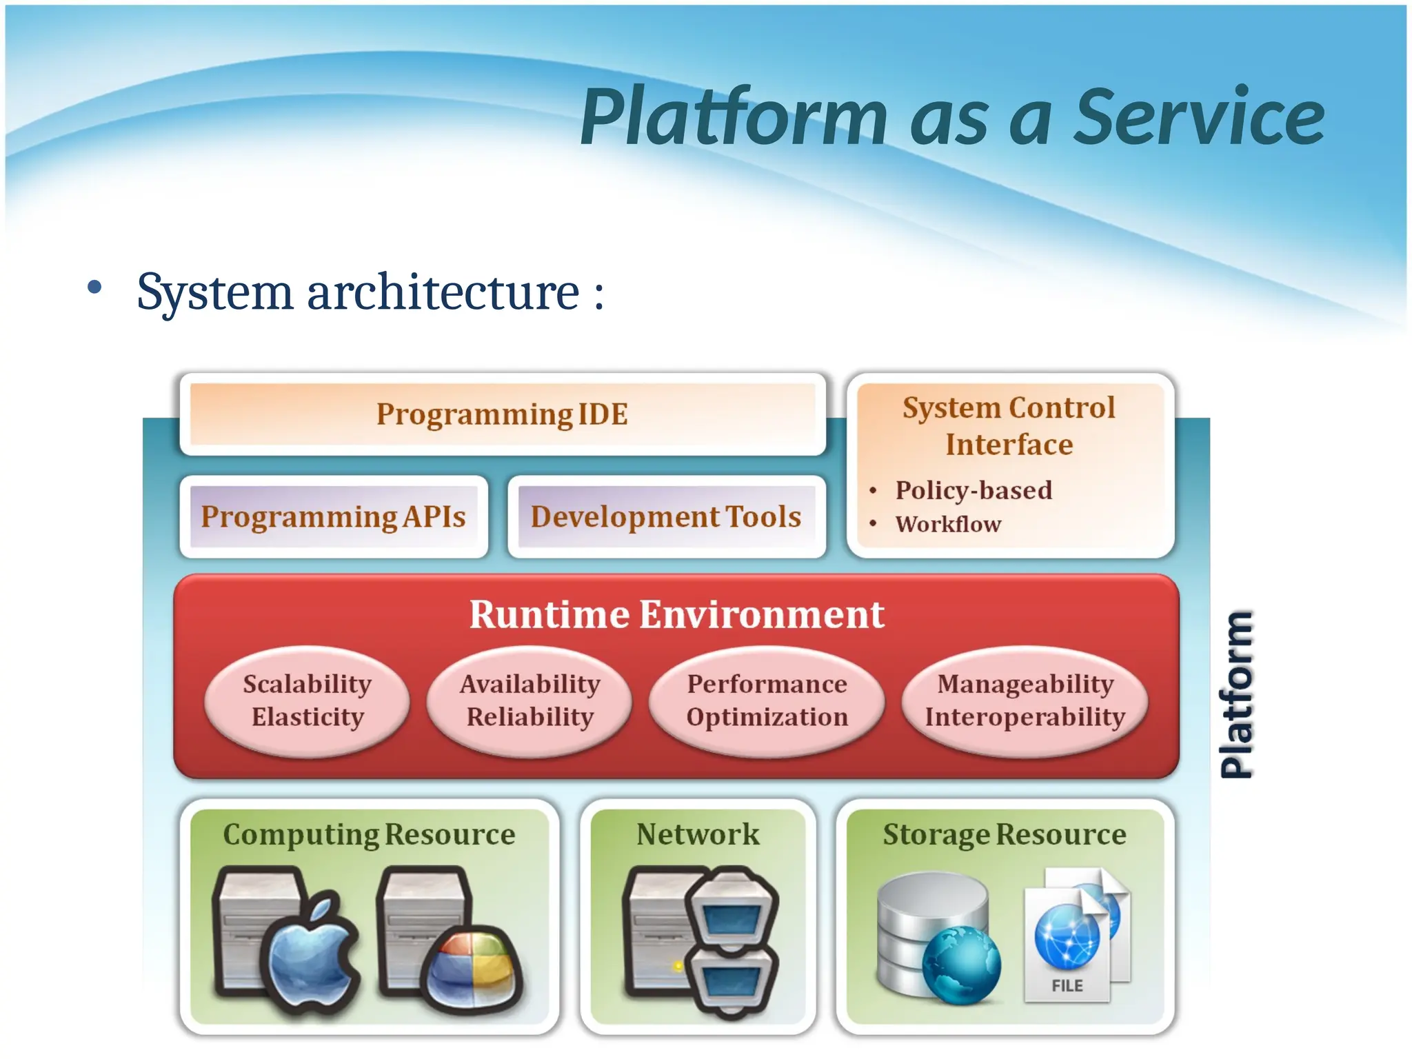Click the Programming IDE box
point(502,414)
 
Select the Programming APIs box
point(334,516)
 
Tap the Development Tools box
point(666,516)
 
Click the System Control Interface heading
point(1009,426)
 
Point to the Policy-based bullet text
point(974,490)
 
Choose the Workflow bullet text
point(948,524)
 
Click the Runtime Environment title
point(676,614)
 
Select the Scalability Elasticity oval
point(307,700)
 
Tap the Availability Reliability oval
point(529,700)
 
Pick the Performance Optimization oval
point(767,700)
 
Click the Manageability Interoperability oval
point(1025,700)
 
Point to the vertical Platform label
point(1236,694)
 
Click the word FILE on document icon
point(1067,986)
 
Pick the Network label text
point(698,834)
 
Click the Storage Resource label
point(1005,834)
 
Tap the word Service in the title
point(1200,117)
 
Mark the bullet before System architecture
point(95,288)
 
